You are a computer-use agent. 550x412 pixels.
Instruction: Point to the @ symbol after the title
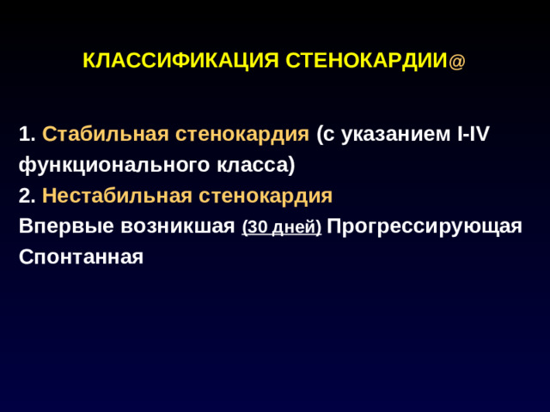click(457, 63)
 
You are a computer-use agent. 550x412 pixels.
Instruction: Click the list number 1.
click(27, 135)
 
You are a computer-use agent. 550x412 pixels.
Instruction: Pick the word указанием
click(393, 135)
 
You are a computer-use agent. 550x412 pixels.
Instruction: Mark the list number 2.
click(27, 197)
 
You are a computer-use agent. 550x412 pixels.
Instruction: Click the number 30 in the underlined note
click(257, 228)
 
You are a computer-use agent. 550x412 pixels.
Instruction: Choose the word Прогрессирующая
click(425, 227)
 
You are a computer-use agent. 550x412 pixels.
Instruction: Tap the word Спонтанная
click(81, 257)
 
